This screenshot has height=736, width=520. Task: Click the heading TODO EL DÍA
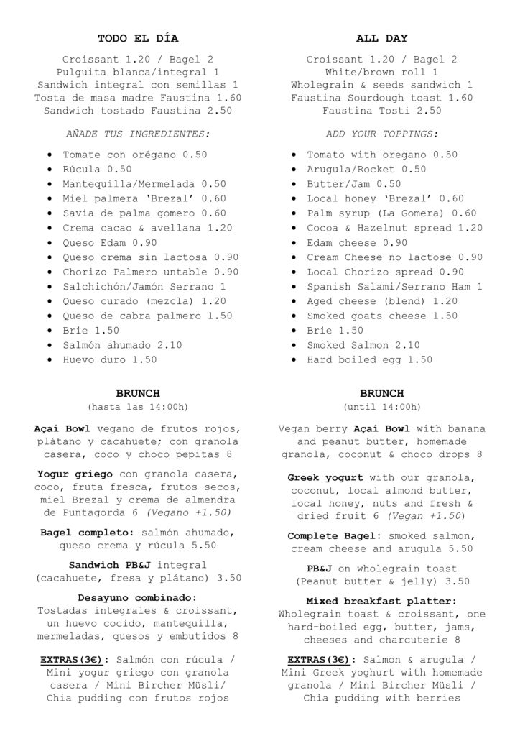(x=138, y=38)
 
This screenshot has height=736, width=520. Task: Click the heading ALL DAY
(x=381, y=38)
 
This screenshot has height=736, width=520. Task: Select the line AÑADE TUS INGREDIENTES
(x=138, y=134)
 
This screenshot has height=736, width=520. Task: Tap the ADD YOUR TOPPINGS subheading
(x=381, y=134)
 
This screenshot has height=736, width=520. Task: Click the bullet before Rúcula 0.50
(x=48, y=170)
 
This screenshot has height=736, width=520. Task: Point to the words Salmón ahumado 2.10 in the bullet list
(x=122, y=345)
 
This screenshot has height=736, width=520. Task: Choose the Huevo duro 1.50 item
(x=109, y=359)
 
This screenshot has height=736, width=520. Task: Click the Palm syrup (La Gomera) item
(x=391, y=213)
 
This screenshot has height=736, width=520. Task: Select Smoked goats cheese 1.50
(x=382, y=316)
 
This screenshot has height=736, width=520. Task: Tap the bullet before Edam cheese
(x=293, y=243)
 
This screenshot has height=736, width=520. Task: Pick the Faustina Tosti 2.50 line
(x=381, y=111)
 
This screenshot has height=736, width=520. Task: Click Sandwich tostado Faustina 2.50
(x=138, y=111)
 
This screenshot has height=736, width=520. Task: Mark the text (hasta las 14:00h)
(x=138, y=407)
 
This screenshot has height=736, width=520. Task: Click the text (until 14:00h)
(x=381, y=407)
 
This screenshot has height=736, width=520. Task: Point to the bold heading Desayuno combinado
(x=136, y=597)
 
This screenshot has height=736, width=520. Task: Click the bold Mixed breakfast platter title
(x=381, y=601)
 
